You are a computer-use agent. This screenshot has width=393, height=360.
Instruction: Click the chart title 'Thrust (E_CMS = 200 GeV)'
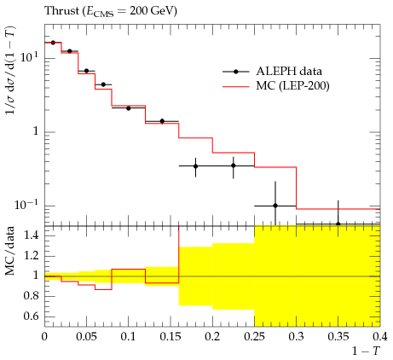click(111, 11)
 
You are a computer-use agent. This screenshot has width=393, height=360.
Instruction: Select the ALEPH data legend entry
click(272, 72)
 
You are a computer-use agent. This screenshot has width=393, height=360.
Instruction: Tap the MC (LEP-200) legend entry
click(276, 85)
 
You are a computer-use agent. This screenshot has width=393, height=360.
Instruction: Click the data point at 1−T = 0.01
click(53, 43)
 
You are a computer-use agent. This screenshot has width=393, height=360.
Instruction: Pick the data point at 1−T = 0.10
click(129, 108)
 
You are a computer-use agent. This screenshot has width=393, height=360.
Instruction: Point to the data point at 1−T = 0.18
click(195, 166)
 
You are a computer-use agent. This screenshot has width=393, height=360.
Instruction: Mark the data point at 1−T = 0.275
click(275, 206)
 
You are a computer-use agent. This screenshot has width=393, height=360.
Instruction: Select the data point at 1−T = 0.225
click(234, 165)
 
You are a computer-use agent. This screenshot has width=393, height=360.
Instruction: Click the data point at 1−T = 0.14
click(162, 121)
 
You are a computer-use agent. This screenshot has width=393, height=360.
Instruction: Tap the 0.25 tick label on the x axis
click(254, 336)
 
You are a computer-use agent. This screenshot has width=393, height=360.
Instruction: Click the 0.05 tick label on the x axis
click(86, 336)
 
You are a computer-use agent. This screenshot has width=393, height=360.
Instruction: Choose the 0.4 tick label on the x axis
click(380, 336)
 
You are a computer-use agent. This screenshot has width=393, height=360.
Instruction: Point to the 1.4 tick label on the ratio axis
click(31, 235)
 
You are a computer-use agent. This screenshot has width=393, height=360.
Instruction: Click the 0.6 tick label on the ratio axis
click(31, 316)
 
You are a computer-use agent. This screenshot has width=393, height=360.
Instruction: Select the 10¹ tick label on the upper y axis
click(28, 58)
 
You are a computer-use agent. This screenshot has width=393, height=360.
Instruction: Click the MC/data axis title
click(9, 251)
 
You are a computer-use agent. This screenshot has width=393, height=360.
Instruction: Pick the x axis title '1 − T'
click(366, 351)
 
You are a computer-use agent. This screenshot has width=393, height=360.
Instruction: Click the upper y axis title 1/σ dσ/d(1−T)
click(11, 70)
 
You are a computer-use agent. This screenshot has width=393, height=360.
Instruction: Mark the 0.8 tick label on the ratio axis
click(31, 296)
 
